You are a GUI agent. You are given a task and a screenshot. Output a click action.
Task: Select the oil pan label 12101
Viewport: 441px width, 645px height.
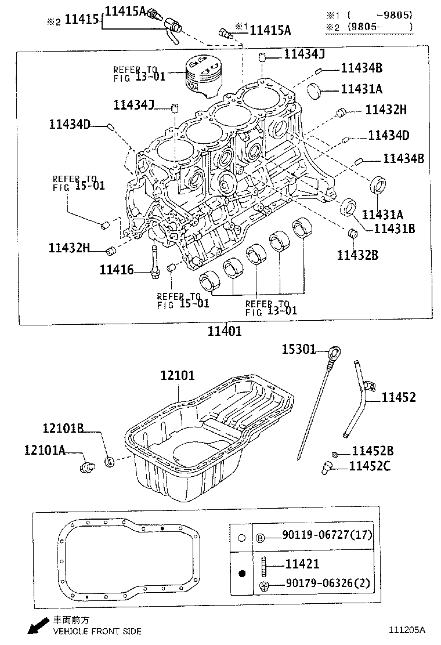(178, 375)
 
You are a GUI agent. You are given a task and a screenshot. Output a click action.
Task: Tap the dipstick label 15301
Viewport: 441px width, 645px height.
(298, 349)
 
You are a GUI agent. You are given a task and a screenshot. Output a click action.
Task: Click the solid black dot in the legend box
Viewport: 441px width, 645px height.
(243, 574)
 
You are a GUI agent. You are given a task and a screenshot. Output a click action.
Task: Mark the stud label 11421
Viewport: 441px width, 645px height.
(302, 563)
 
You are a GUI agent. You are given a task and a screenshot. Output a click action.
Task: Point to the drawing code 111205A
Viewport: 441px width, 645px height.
(407, 629)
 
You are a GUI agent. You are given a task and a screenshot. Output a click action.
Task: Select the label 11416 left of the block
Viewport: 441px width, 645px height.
(116, 270)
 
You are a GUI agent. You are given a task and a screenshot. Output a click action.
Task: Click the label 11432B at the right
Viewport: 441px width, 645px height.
(358, 254)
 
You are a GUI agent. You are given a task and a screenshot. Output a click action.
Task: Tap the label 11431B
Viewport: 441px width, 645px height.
(394, 228)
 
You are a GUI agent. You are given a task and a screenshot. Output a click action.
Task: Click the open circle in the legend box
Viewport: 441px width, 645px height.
(242, 537)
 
